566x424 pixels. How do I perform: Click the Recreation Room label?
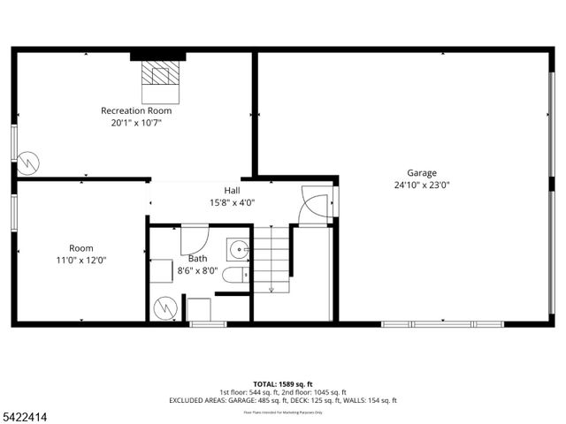click(136, 110)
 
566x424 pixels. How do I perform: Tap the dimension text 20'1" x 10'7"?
click(136, 123)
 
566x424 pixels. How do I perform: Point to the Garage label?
click(422, 173)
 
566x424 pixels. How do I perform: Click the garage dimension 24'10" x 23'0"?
click(422, 185)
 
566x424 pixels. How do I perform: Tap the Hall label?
click(232, 190)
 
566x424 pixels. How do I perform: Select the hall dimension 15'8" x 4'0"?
click(232, 202)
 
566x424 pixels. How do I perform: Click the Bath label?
click(198, 259)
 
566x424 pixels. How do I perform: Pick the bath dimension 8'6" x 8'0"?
click(198, 271)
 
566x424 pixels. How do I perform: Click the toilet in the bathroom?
click(234, 276)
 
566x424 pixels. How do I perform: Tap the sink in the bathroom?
click(237, 250)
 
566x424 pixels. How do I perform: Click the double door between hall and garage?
click(314, 207)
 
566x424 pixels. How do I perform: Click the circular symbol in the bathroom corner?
click(164, 307)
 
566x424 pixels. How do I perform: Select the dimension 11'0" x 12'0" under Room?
click(81, 261)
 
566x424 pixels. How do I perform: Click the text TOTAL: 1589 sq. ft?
click(282, 384)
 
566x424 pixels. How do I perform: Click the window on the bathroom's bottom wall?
click(208, 324)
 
